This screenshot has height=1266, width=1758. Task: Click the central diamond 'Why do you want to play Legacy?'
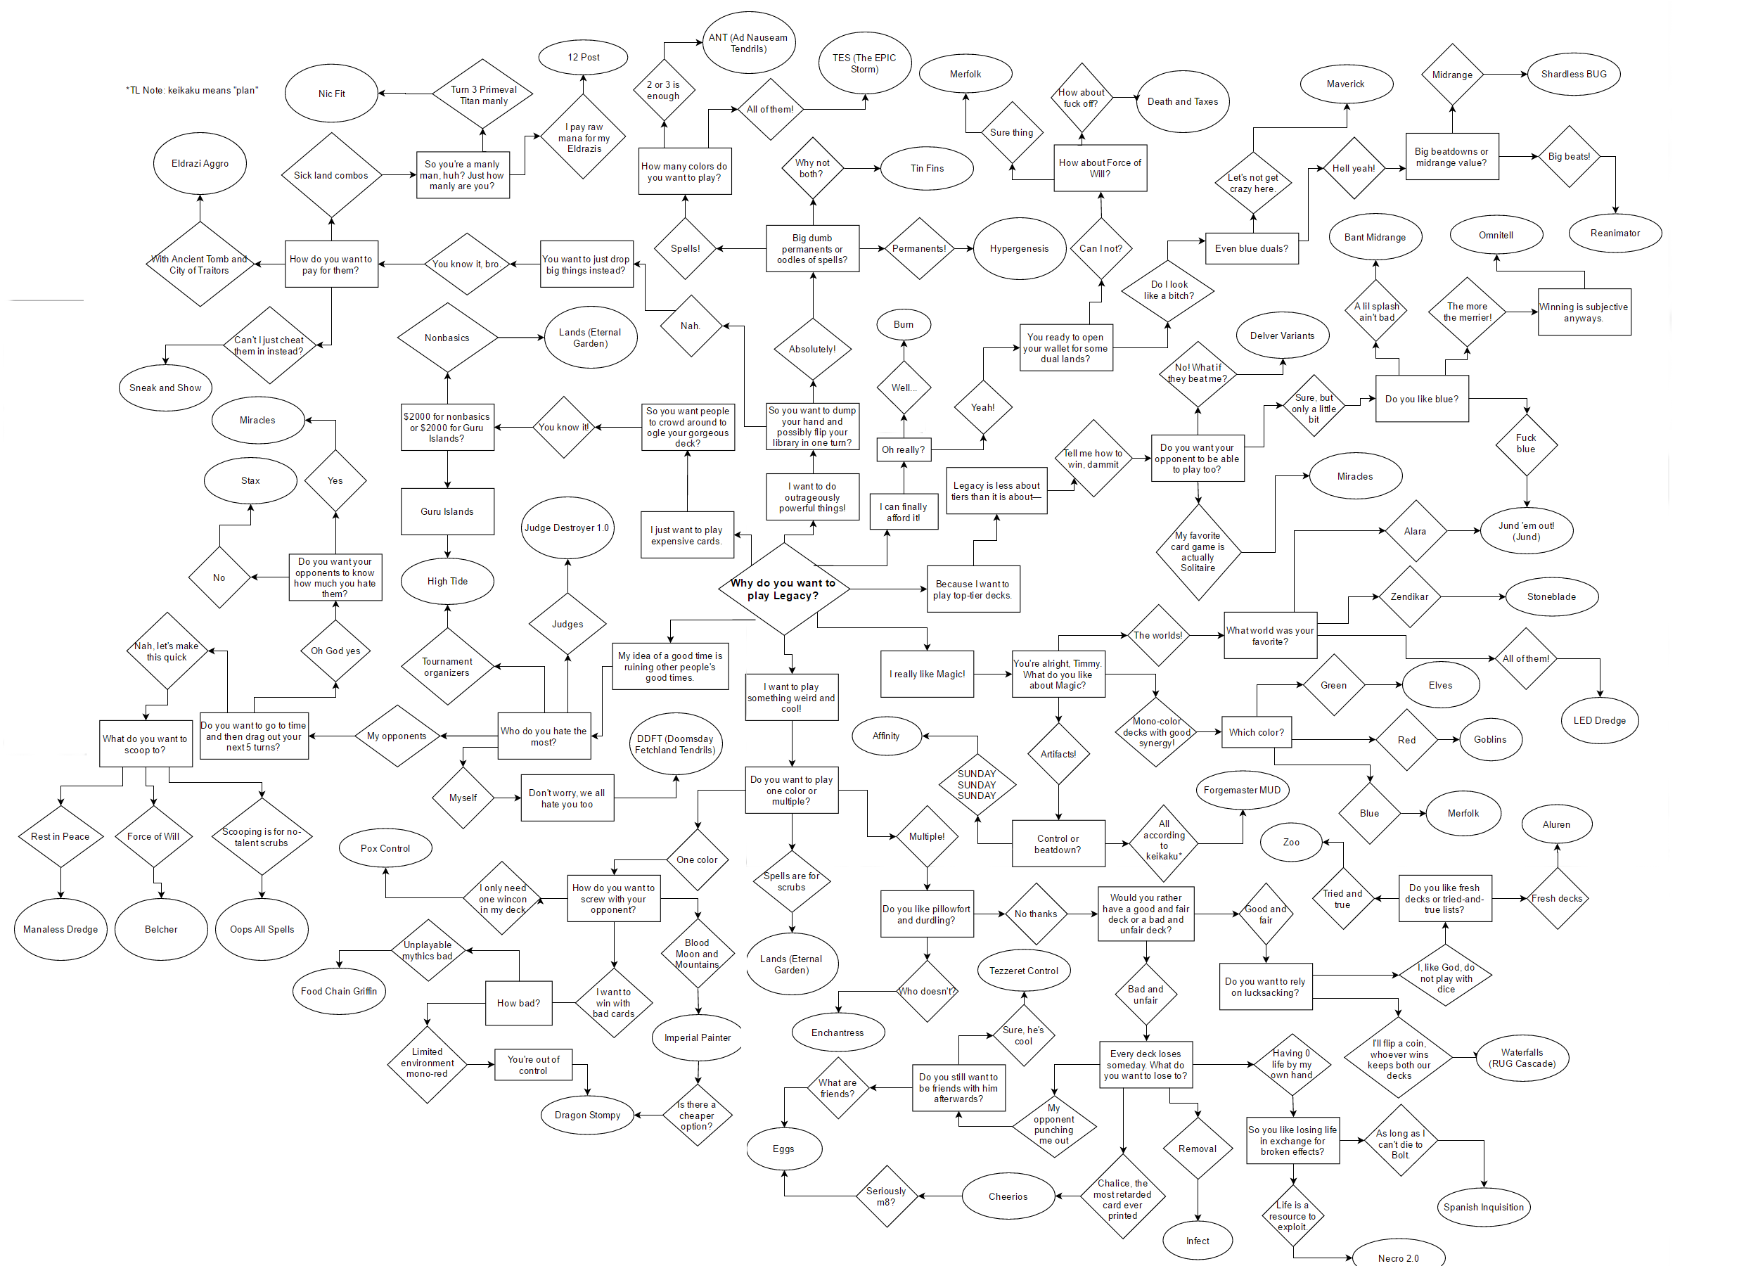(x=783, y=589)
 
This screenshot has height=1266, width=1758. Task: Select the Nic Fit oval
(x=332, y=94)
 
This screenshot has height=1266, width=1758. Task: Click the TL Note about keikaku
(x=192, y=91)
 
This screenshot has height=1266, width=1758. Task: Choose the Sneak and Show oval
(x=165, y=388)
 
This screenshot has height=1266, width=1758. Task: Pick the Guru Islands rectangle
(x=447, y=511)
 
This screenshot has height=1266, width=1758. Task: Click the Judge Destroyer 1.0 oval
(x=567, y=528)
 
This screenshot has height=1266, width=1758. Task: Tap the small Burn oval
(x=903, y=325)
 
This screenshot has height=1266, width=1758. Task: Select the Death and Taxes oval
(x=1182, y=101)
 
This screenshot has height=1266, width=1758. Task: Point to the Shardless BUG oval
(x=1574, y=75)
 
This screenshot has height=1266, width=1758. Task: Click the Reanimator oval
(x=1615, y=234)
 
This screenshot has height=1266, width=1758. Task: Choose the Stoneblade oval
(x=1551, y=597)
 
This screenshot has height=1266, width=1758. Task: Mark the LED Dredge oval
(x=1599, y=720)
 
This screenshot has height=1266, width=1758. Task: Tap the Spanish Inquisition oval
(x=1483, y=1207)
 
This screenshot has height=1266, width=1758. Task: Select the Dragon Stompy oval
(x=588, y=1115)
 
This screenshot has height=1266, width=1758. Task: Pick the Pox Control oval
(x=385, y=848)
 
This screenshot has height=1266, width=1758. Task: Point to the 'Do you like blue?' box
(x=1422, y=399)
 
